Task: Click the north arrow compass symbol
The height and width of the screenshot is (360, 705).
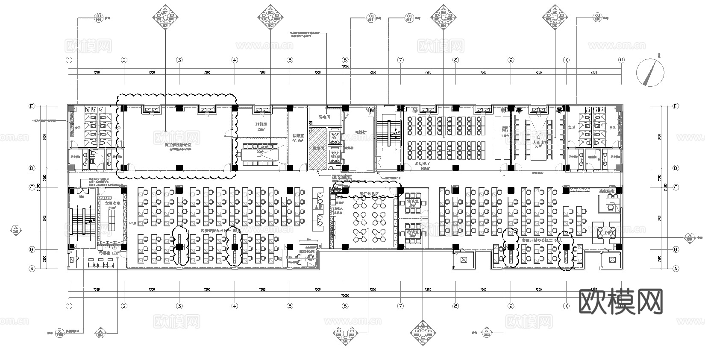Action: pyautogui.click(x=650, y=72)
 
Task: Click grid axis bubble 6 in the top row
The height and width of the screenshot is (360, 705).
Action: pyautogui.click(x=345, y=60)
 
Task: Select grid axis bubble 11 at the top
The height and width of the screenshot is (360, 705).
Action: pyautogui.click(x=621, y=60)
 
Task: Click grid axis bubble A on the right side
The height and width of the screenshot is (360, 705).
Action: pyautogui.click(x=676, y=269)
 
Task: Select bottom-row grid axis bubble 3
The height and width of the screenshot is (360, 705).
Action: pyautogui.click(x=179, y=306)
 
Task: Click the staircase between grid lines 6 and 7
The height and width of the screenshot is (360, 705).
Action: pyautogui.click(x=389, y=137)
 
